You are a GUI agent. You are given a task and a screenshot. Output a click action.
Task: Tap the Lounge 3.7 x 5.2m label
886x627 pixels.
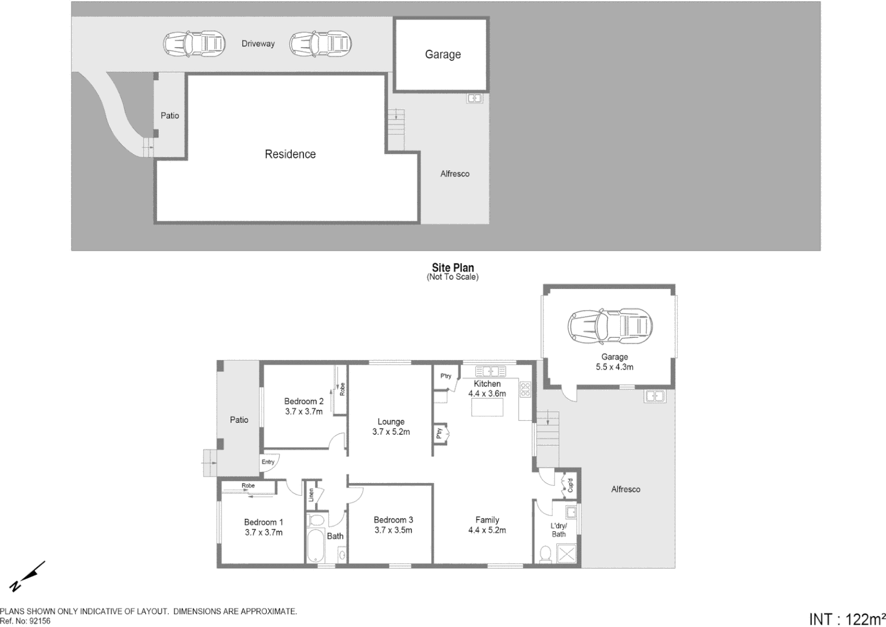[390, 427]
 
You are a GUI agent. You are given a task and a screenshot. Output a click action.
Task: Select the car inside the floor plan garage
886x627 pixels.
[610, 326]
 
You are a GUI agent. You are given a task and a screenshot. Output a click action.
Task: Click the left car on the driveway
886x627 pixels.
[193, 44]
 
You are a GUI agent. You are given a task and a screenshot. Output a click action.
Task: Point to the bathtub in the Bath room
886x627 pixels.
[316, 544]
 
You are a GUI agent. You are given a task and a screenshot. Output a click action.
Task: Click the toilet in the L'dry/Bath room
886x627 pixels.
[545, 554]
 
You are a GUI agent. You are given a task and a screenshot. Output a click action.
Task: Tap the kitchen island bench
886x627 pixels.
[487, 408]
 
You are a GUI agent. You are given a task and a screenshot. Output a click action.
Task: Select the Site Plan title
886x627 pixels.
[453, 268]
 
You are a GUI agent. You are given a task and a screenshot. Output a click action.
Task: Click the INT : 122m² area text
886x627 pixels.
[847, 619]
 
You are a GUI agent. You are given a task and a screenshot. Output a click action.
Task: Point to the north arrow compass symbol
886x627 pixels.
[27, 576]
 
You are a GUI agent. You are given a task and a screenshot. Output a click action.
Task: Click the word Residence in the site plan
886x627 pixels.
[290, 154]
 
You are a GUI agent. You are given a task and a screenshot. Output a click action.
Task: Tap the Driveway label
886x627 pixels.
[258, 44]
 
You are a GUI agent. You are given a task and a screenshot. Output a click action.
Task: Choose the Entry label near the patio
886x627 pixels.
[267, 462]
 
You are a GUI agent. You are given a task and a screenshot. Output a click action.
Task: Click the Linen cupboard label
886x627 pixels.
[312, 495]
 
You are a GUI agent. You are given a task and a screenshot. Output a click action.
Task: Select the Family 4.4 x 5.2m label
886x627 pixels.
[487, 525]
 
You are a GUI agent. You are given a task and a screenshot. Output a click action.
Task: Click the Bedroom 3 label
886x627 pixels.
[393, 525]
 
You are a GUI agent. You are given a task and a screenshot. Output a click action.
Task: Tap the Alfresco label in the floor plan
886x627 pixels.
[625, 489]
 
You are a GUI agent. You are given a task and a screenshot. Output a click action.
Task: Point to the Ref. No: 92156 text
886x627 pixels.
[26, 621]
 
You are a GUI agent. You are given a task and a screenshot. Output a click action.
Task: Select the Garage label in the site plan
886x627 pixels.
[443, 55]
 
